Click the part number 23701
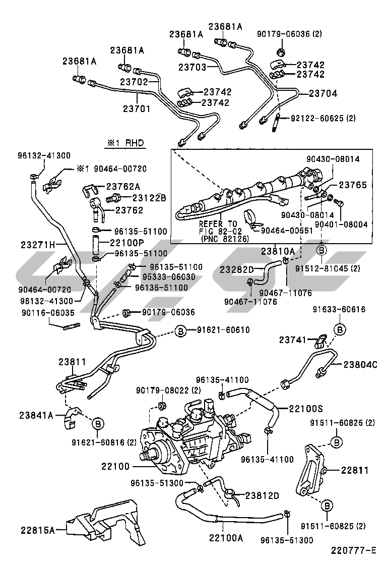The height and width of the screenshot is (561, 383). tap(136, 108)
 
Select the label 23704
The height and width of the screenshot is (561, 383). tap(323, 93)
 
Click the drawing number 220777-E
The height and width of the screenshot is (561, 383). tap(354, 550)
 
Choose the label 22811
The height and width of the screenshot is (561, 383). tap(354, 470)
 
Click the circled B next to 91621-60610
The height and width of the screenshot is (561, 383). tap(180, 330)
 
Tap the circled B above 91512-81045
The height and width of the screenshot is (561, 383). tap(322, 250)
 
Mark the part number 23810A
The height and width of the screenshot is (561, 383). tap(278, 251)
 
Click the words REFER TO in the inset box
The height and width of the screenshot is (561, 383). tap(217, 223)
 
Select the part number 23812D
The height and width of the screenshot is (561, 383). tap(262, 495)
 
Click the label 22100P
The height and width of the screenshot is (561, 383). tap(126, 243)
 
